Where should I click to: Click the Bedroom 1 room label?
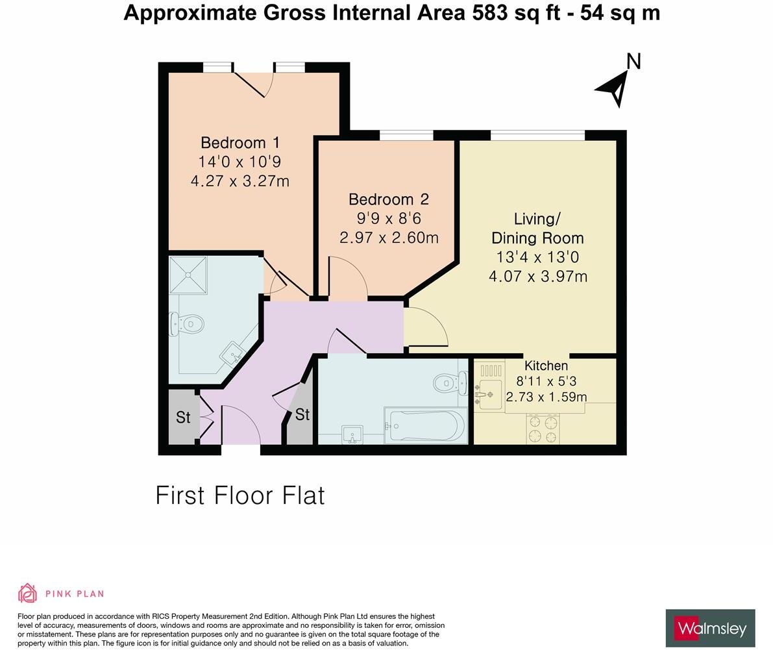click(x=240, y=143)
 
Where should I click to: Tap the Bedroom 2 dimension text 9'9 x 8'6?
click(x=389, y=219)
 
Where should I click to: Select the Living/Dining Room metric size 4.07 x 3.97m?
click(x=538, y=277)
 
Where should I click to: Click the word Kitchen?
click(x=546, y=366)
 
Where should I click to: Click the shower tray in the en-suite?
click(x=188, y=275)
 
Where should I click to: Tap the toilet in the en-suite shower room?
click(x=187, y=323)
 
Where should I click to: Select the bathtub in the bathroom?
click(x=426, y=426)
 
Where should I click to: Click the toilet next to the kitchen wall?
click(x=450, y=383)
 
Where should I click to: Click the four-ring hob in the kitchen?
click(x=543, y=429)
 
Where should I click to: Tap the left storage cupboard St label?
click(x=183, y=418)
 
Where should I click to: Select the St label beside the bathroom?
click(x=302, y=414)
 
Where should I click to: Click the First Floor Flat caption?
click(x=240, y=496)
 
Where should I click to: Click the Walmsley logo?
click(x=710, y=628)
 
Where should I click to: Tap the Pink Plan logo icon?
click(x=28, y=593)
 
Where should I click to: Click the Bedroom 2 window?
click(x=406, y=135)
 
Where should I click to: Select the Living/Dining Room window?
click(x=537, y=135)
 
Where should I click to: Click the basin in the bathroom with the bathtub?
click(x=353, y=434)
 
